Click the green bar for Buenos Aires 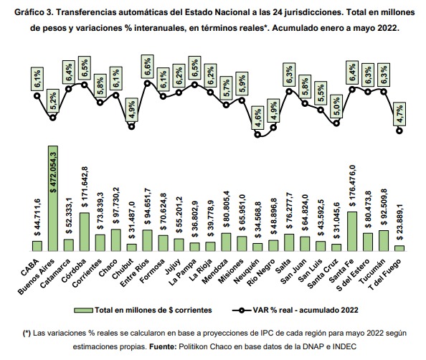click(x=52, y=199)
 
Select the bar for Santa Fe click(x=352, y=232)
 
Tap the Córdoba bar click(x=84, y=232)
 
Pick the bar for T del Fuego click(x=399, y=248)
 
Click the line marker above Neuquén click(x=257, y=135)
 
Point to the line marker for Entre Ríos click(x=147, y=83)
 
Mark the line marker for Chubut click(x=131, y=127)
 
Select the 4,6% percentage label click(x=257, y=118)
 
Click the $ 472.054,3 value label click(x=53, y=172)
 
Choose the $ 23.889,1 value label click(x=399, y=222)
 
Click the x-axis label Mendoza click(x=216, y=271)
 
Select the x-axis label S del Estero click(x=353, y=275)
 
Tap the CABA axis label click(x=30, y=268)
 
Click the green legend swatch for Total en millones click(x=83, y=311)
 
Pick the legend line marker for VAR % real click(x=242, y=311)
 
